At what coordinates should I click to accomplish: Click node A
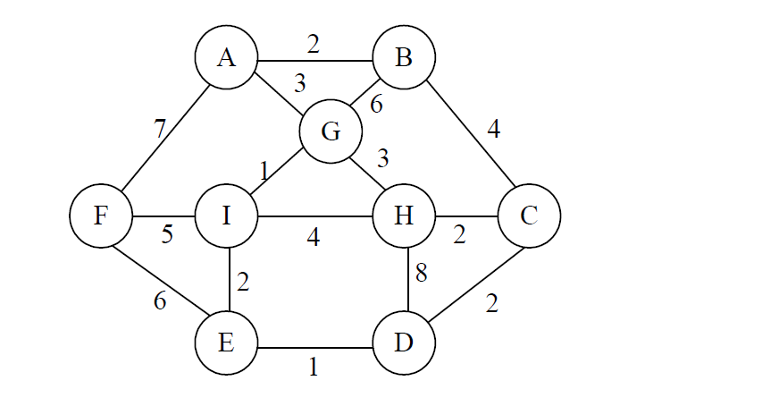point(226,58)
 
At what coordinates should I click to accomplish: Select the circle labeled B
point(404,58)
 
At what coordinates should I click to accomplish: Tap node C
point(529,216)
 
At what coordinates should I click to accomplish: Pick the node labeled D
point(404,344)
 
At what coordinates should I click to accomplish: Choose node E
point(226,344)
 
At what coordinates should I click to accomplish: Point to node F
point(101,216)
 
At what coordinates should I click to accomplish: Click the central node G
point(331,132)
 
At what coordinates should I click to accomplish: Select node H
point(404,216)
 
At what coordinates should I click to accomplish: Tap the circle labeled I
point(226,216)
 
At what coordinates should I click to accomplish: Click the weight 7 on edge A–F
point(159,128)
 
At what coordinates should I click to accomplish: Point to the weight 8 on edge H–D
point(422,274)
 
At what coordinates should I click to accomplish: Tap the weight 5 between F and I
point(166,234)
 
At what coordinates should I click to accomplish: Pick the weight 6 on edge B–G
point(376,105)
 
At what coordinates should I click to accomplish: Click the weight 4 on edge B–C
point(493,129)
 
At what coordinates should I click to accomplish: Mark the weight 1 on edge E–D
point(313,366)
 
